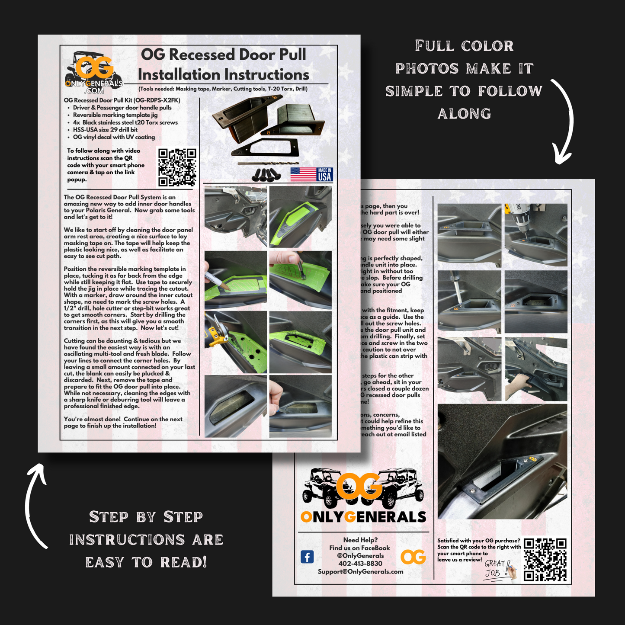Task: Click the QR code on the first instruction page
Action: pos(177,167)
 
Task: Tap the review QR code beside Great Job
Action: pos(545,559)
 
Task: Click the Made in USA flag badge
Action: pos(311,174)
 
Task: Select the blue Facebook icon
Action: pos(307,557)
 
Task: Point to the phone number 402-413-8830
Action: pos(360,564)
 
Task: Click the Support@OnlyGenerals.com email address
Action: pos(360,572)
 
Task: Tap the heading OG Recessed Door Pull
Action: pos(223,55)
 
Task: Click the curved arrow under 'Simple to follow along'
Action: pos(563,121)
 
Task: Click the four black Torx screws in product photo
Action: pos(266,174)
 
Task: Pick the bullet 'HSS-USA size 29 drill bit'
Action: pos(105,130)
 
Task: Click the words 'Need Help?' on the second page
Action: pos(360,540)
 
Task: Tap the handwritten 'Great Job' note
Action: pos(497,568)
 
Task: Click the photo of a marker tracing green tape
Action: pos(235,279)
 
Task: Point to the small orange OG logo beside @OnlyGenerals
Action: pos(413,557)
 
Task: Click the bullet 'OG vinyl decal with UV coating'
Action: pos(114,137)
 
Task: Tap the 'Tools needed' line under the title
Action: pos(223,89)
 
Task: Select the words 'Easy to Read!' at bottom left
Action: pos(146,562)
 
